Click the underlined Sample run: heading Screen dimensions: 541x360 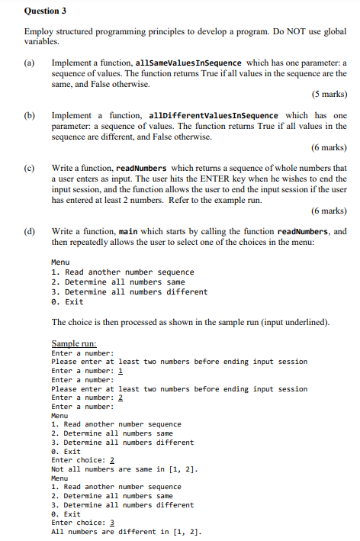[x=74, y=344]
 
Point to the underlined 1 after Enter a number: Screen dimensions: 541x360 [x=121, y=371]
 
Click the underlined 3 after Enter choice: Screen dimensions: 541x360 [x=113, y=523]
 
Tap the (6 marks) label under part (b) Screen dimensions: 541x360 [x=329, y=147]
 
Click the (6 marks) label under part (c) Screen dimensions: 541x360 [x=329, y=210]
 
